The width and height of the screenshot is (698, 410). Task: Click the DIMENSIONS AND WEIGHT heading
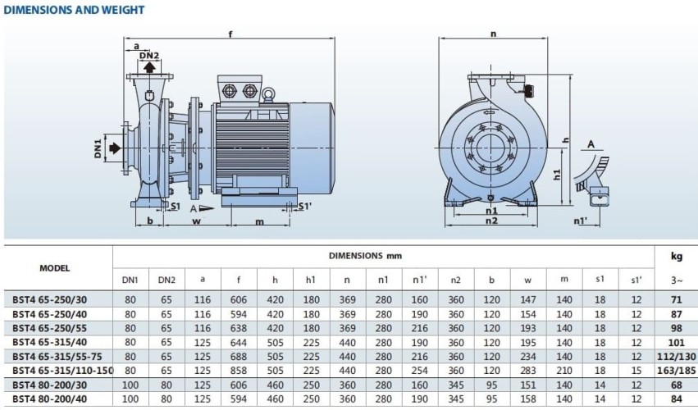[75, 10]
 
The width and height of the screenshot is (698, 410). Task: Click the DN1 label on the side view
[98, 148]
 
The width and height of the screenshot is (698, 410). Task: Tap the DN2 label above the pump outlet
[148, 55]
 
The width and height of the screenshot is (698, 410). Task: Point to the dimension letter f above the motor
[230, 34]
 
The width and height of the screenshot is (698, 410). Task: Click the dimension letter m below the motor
[260, 221]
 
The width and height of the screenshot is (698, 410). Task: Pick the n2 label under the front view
[491, 221]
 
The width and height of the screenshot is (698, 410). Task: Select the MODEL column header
[55, 268]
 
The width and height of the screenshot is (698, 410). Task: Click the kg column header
[676, 257]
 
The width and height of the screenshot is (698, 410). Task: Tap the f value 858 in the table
[239, 371]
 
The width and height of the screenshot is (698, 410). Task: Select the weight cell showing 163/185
[676, 371]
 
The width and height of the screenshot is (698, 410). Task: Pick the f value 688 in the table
[239, 357]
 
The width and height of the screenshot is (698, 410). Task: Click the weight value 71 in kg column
[676, 300]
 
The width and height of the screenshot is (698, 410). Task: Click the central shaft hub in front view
[492, 148]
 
